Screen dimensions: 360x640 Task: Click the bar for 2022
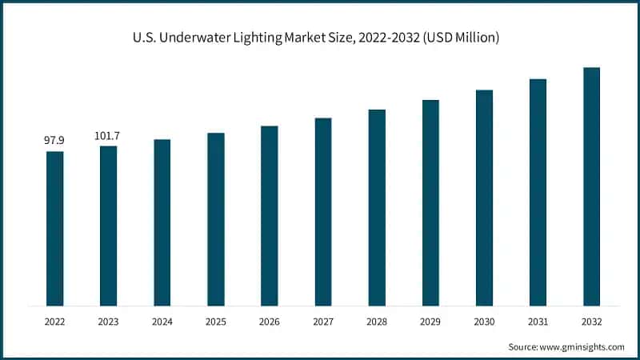pos(54,228)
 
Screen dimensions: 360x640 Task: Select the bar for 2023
pos(108,226)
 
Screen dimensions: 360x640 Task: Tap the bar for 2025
pos(216,219)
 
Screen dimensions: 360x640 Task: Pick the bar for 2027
pos(323,211)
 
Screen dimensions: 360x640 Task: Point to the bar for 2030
pos(484,198)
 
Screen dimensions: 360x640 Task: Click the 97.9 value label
pos(54,141)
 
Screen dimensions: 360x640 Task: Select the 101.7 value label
pos(108,135)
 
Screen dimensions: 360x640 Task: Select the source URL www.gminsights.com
pos(582,346)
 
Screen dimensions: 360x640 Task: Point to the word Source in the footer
pos(523,346)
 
